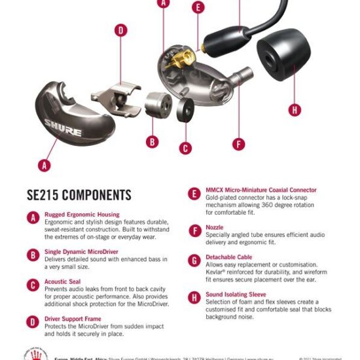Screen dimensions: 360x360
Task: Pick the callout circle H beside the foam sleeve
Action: (x=295, y=110)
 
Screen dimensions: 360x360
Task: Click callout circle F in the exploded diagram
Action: (x=239, y=144)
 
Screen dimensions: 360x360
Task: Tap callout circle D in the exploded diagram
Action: (x=120, y=30)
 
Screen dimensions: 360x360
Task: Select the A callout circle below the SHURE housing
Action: (x=45, y=165)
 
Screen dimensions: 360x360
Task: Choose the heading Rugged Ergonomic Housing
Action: (x=82, y=215)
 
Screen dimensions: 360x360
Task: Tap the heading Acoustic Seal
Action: (x=63, y=281)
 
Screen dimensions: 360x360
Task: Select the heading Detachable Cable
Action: (x=229, y=257)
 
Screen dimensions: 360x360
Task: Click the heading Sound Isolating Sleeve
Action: (x=236, y=294)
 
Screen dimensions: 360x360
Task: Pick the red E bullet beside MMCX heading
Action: (x=194, y=194)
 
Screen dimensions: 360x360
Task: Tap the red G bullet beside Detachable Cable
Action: (x=194, y=261)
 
